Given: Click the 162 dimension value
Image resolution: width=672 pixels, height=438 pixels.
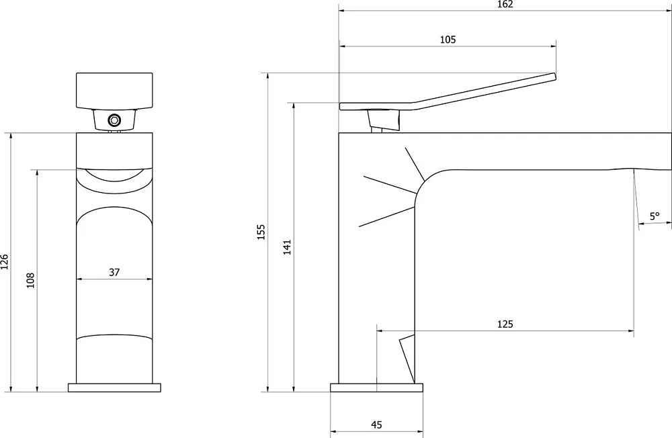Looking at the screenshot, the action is (505, 4).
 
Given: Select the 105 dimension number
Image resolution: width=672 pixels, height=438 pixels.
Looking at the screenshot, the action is (448, 40).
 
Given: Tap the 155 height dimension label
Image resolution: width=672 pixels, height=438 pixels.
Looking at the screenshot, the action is (261, 232).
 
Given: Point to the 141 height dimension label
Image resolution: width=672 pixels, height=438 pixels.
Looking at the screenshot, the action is (287, 247).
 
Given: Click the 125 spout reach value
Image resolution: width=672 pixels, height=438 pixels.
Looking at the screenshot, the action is (505, 324).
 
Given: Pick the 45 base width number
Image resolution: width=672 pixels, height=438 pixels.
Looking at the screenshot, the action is (376, 425).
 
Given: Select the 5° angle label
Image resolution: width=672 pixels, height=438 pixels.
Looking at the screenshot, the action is (655, 216).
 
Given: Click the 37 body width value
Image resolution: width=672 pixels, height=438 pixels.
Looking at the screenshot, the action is (114, 272).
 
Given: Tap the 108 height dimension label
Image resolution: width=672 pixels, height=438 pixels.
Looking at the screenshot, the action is (30, 280).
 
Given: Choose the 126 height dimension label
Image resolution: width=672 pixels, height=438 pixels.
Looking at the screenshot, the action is (5, 262).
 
